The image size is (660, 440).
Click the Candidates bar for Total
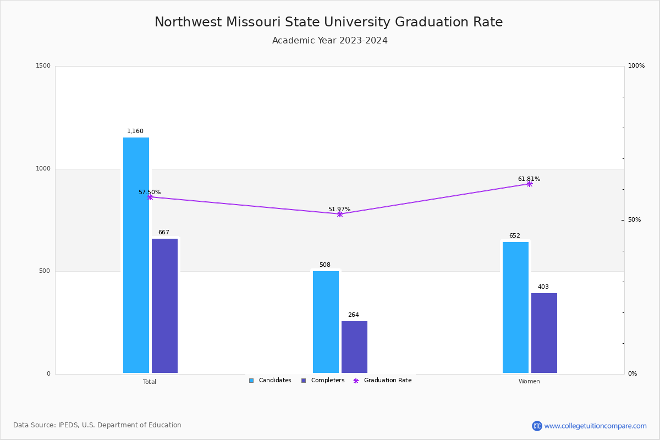tap(136, 255)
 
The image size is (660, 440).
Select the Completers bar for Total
tap(164, 306)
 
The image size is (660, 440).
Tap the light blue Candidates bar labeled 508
tap(326, 322)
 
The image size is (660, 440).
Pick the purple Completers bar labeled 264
tap(354, 347)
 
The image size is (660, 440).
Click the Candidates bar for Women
tap(515, 307)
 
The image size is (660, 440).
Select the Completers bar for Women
tap(544, 333)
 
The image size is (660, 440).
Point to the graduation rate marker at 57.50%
tap(150, 197)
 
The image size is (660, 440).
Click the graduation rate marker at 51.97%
tap(339, 214)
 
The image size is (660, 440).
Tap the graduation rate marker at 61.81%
tap(530, 184)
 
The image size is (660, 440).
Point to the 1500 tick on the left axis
tap(43, 66)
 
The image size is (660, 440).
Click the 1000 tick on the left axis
tap(43, 169)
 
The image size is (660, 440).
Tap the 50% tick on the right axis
tap(634, 220)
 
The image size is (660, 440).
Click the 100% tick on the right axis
tap(636, 66)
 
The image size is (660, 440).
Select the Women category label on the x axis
tap(529, 382)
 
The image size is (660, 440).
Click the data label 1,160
tap(135, 131)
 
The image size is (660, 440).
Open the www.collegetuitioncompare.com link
tap(595, 426)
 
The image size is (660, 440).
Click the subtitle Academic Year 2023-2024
tap(330, 41)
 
